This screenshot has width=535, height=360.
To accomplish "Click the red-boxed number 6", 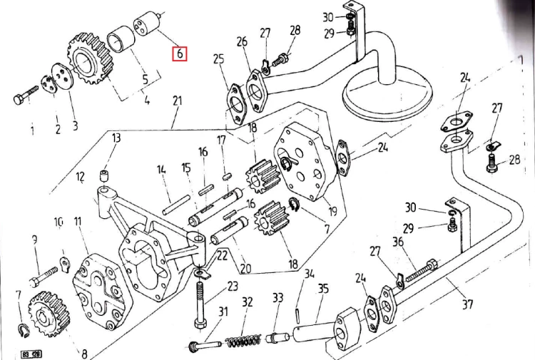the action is pyautogui.click(x=180, y=53).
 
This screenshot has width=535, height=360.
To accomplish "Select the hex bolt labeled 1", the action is pyautogui.click(x=26, y=95).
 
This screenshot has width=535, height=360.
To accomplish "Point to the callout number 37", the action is pyautogui.click(x=467, y=304).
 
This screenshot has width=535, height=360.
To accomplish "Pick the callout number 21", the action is pyautogui.click(x=178, y=101).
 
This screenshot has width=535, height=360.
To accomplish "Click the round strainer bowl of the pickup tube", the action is pyautogui.click(x=387, y=96).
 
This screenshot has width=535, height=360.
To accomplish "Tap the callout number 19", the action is pyautogui.click(x=332, y=211).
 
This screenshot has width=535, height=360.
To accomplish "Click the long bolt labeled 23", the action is pyautogui.click(x=200, y=304).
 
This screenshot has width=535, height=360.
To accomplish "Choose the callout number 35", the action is pyautogui.click(x=323, y=289).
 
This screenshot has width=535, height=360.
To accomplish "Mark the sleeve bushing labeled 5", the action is pyautogui.click(x=121, y=40).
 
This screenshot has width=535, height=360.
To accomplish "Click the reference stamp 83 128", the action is pyautogui.click(x=31, y=354).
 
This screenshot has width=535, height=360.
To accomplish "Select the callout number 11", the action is pyautogui.click(x=78, y=222).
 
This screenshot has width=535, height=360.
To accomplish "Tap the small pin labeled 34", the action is pyautogui.click(x=299, y=314).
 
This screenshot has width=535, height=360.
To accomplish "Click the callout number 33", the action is pyautogui.click(x=277, y=297).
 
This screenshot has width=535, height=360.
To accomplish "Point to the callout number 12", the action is pyautogui.click(x=80, y=177).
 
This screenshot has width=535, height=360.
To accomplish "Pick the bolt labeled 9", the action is pyautogui.click(x=44, y=276).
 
